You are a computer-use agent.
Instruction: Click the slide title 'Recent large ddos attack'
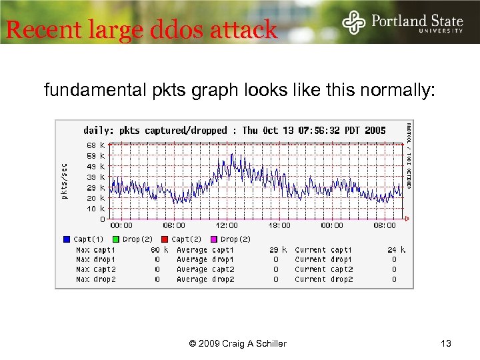click(141, 29)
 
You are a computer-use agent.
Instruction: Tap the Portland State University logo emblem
click(354, 23)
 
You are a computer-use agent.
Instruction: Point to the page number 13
click(446, 343)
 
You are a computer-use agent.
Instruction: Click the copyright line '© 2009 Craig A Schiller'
click(238, 343)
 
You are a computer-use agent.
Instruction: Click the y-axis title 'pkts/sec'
click(64, 182)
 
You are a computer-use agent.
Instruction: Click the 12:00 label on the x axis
click(227, 225)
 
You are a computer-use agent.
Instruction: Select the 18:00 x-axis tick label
click(279, 225)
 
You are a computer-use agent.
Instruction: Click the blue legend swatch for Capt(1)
click(67, 239)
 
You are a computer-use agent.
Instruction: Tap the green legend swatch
click(116, 239)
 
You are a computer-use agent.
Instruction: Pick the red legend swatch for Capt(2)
click(165, 239)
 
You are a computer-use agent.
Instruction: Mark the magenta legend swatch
click(214, 239)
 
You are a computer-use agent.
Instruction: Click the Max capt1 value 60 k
click(160, 250)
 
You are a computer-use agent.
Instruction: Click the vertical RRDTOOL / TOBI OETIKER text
click(409, 155)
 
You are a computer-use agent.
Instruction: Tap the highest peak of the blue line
click(231, 155)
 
